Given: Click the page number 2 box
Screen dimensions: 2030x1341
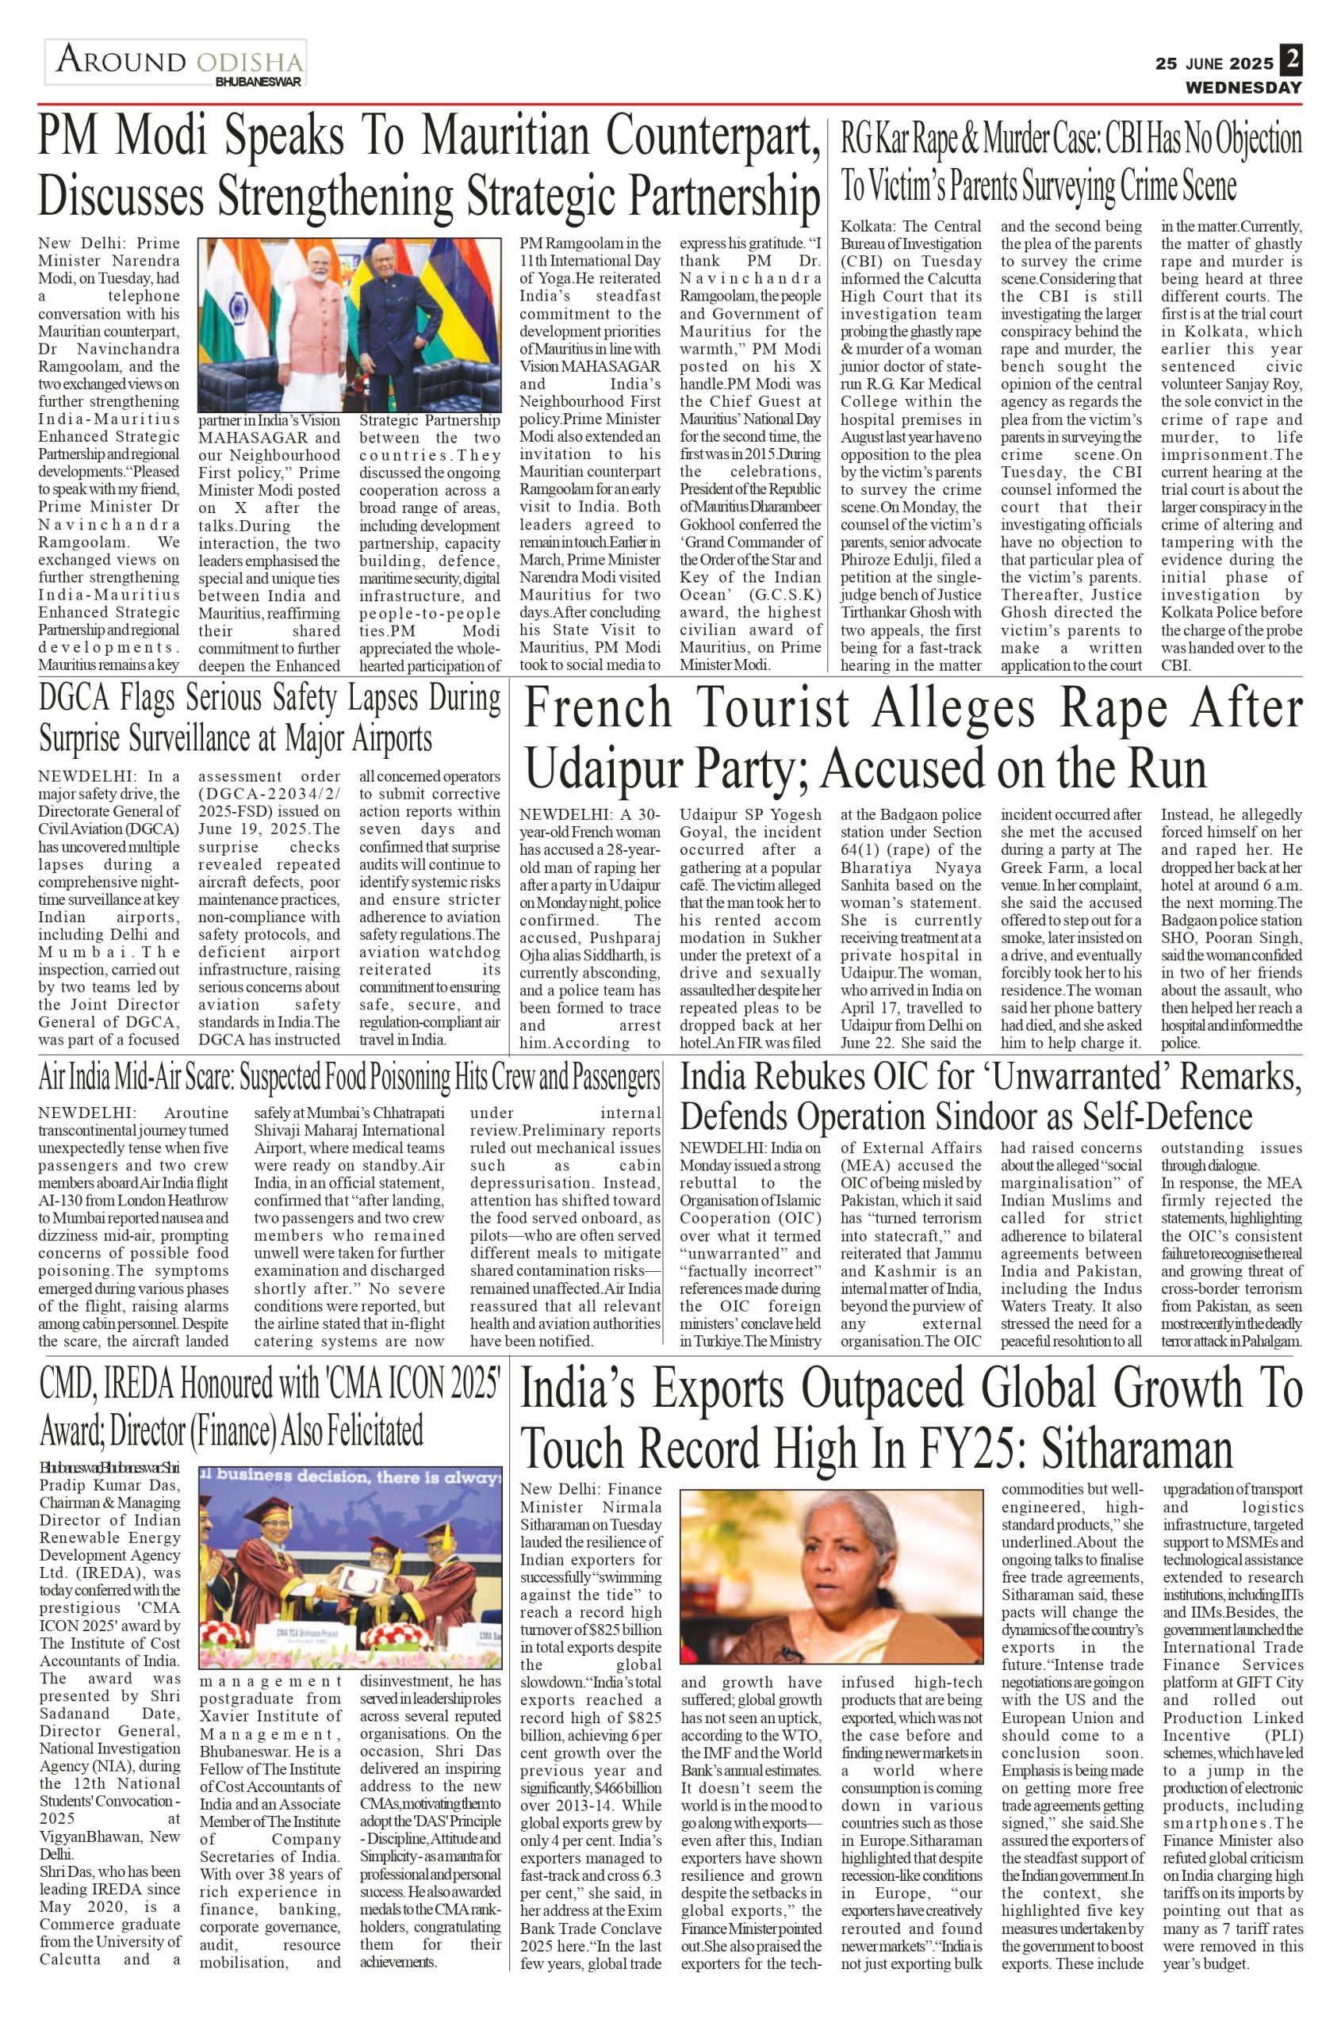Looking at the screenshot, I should [1291, 61].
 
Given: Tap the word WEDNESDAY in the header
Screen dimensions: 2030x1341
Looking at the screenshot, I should [1243, 88].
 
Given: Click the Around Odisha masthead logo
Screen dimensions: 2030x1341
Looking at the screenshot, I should [175, 63].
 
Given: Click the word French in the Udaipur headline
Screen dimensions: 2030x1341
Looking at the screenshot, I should [598, 710].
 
